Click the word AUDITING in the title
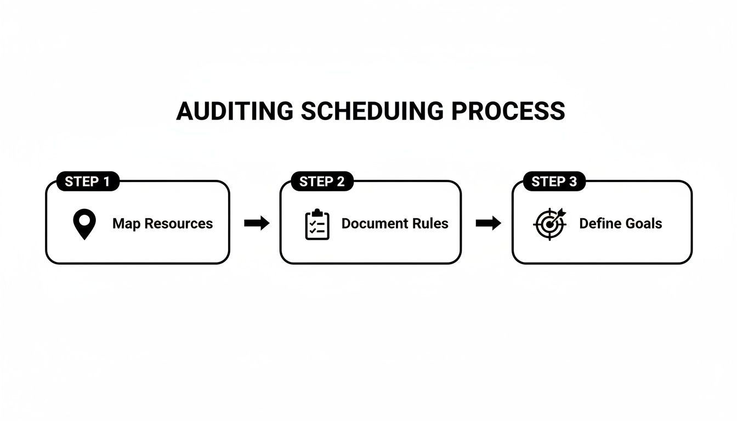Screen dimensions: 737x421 [235, 111]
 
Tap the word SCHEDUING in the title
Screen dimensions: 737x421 [372, 111]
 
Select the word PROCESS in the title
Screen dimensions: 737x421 [508, 111]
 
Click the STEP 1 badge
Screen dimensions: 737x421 [87, 182]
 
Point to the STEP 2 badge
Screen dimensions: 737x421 [322, 182]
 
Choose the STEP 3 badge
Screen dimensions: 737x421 [554, 182]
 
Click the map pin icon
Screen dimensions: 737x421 [84, 225]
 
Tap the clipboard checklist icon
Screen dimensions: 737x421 [317, 225]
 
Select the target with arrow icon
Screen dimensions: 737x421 [549, 224]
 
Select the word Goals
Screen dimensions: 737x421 [644, 224]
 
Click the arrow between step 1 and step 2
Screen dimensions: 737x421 [257, 223]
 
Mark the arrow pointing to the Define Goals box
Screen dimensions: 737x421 [488, 223]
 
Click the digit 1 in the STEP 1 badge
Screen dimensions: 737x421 [106, 182]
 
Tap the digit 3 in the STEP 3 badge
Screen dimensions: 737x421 [573, 182]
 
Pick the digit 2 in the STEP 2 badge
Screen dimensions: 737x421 [341, 182]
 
